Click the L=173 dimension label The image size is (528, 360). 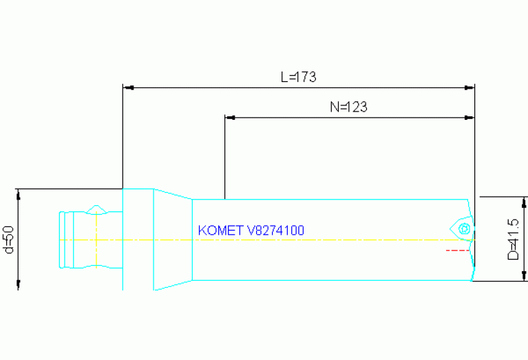coord(298,77)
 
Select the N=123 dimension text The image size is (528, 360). coord(348,107)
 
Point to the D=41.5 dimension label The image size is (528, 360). coord(513,239)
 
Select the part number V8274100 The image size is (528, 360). coord(275,230)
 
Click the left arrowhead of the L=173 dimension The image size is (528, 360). coord(127,88)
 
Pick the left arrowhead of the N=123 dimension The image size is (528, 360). coord(230,118)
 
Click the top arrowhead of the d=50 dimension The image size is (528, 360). coord(19,193)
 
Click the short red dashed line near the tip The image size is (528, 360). coord(456,250)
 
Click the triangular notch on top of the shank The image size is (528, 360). coord(97,208)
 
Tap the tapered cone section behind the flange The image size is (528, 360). coord(172,239)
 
